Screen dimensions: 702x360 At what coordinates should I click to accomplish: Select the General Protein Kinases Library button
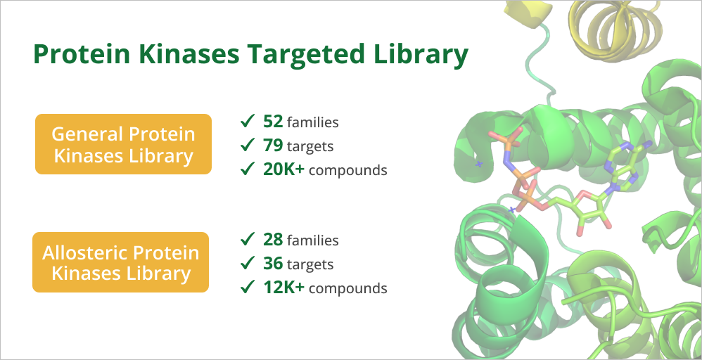tap(123, 144)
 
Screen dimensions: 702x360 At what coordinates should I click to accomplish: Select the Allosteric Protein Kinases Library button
tap(120, 262)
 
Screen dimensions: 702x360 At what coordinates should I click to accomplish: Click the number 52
tap(273, 122)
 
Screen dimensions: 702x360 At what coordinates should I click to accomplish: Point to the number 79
tap(273, 146)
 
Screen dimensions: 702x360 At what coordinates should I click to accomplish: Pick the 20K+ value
tap(284, 169)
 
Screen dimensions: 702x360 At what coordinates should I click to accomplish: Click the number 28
tap(273, 240)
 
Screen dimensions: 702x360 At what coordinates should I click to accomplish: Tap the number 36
tap(273, 264)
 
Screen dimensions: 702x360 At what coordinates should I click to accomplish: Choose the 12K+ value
tap(284, 288)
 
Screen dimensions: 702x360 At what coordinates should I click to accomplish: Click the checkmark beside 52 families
tap(248, 121)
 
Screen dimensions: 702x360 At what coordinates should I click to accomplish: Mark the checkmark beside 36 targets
tap(248, 263)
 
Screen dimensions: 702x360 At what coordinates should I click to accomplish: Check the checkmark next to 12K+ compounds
tap(248, 288)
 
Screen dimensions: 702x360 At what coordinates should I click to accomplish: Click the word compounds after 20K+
tap(348, 171)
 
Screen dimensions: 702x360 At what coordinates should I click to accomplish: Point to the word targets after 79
tap(310, 147)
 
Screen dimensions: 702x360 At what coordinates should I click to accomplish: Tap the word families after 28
tap(312, 240)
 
